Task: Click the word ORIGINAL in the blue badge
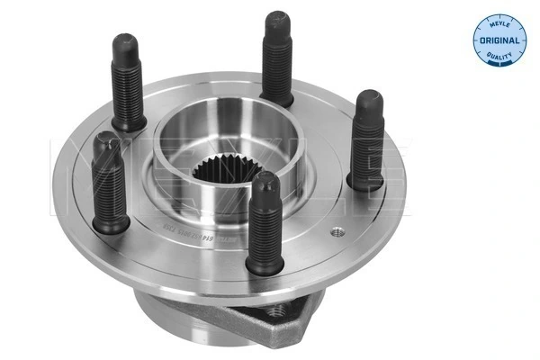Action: (498, 41)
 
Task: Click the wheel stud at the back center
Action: (278, 58)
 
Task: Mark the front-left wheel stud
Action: (112, 184)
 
